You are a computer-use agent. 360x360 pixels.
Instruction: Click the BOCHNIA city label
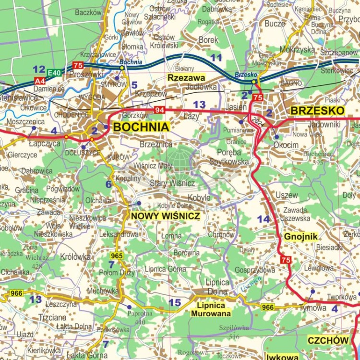(141, 127)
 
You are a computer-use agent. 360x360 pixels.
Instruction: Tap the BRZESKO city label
(318, 111)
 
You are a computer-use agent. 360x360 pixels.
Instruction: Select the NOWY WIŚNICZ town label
(165, 216)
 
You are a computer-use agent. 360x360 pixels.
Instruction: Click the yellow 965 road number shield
(117, 255)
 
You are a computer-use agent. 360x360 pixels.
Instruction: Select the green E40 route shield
(55, 73)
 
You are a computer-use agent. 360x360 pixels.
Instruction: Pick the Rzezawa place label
(186, 78)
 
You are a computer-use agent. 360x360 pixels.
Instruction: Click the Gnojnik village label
(301, 236)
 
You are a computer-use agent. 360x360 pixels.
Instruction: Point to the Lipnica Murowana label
(211, 309)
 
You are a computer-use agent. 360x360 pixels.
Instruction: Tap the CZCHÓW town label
(328, 340)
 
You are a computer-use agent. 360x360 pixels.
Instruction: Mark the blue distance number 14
(264, 219)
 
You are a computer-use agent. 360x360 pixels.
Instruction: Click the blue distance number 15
(175, 302)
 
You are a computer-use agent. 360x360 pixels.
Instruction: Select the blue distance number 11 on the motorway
(216, 58)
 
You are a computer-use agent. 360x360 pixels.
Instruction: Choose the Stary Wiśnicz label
(172, 183)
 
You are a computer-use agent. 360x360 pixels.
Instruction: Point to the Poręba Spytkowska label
(229, 157)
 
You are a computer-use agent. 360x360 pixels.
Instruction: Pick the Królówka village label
(75, 257)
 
